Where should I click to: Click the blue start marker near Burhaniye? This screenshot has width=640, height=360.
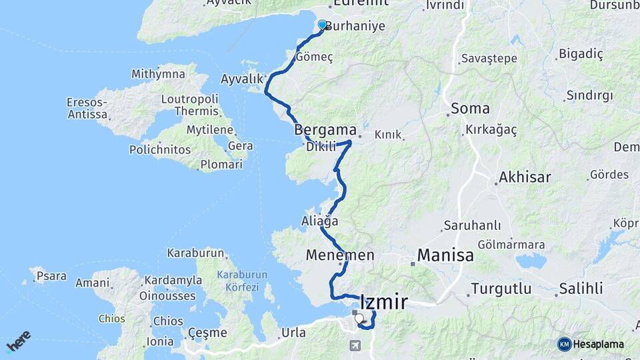click(322, 25)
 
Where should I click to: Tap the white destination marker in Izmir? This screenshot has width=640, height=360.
click(359, 319)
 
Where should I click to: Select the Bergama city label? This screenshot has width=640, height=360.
click(325, 130)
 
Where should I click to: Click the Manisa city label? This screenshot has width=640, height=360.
click(445, 255)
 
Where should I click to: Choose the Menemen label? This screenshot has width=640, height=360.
click(340, 255)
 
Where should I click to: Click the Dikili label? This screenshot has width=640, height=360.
click(321, 147)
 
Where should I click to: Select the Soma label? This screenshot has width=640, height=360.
click(470, 108)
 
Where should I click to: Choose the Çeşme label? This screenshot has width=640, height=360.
click(207, 333)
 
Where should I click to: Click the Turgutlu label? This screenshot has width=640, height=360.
click(501, 289)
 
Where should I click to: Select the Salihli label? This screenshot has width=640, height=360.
click(581, 289)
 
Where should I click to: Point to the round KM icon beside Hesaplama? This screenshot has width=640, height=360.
click(565, 344)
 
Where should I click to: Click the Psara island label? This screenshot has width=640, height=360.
click(51, 275)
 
